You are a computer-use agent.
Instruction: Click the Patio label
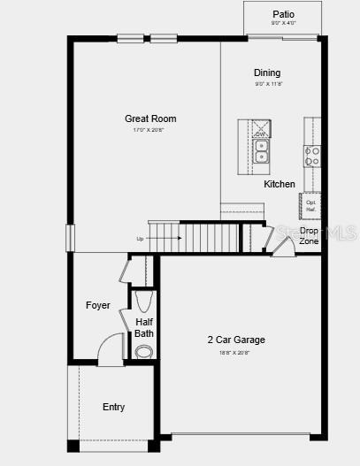click(x=283, y=14)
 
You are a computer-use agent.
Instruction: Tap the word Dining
click(x=267, y=73)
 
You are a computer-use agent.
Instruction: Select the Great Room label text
click(x=150, y=118)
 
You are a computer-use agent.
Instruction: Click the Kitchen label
click(x=280, y=184)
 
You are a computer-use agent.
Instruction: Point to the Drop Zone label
click(x=309, y=235)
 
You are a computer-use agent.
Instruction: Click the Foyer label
click(x=98, y=305)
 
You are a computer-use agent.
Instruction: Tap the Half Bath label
click(x=144, y=327)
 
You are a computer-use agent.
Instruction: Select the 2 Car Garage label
click(x=236, y=340)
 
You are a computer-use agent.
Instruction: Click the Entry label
click(x=113, y=407)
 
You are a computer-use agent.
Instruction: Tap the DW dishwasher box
click(x=260, y=128)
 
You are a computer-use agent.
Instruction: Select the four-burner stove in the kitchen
click(x=312, y=157)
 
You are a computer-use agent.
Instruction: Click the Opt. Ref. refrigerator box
click(x=310, y=205)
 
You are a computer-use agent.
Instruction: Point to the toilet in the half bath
click(x=143, y=351)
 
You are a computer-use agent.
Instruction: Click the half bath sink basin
click(x=145, y=301)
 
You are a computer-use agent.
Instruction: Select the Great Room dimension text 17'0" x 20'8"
click(x=149, y=130)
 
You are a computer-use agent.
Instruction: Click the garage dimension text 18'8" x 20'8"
click(x=235, y=352)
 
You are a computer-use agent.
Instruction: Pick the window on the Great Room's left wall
click(x=69, y=238)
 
